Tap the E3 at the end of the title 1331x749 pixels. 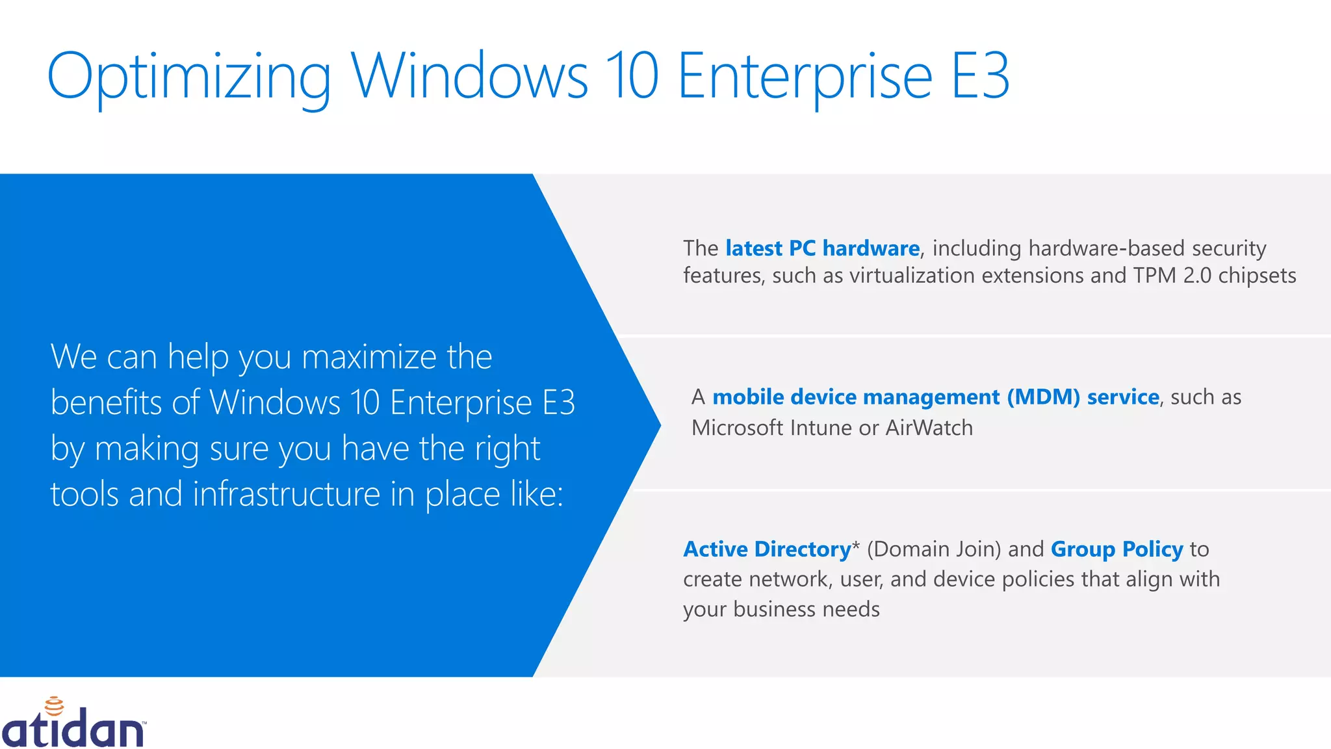(980, 77)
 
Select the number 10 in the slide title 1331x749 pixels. (632, 77)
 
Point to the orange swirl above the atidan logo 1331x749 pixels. (54, 706)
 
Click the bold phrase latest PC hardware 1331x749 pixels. (822, 248)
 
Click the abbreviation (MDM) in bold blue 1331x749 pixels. (1043, 397)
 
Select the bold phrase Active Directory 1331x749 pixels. (767, 549)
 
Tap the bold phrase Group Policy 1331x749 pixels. (1117, 549)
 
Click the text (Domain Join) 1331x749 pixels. (934, 549)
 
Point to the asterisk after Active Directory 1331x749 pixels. (855, 545)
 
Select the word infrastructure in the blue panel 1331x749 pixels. (287, 494)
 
